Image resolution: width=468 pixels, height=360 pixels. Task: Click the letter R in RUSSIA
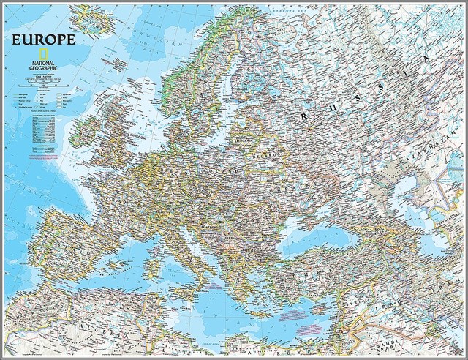pyautogui.click(x=303, y=115)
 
